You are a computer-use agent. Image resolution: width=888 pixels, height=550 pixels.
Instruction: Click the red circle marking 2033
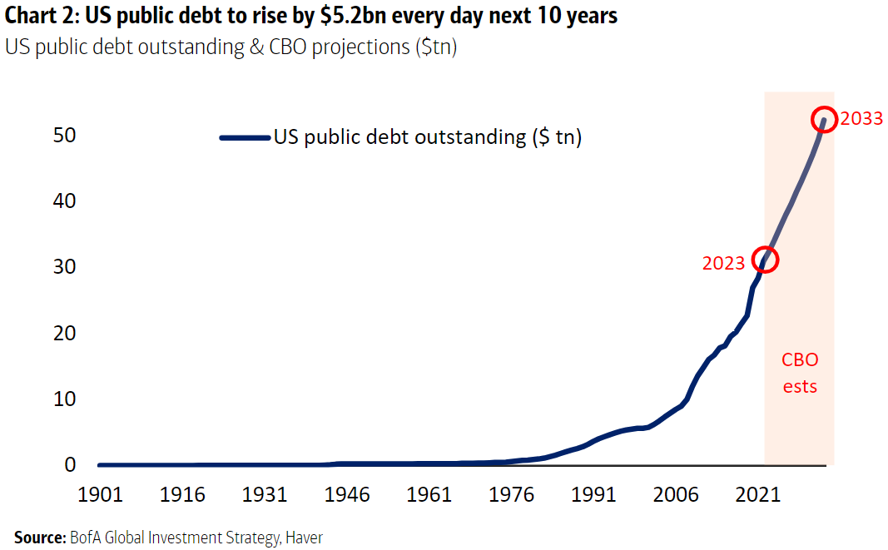pos(824,119)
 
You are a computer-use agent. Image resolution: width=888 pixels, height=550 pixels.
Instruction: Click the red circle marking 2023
pos(765,260)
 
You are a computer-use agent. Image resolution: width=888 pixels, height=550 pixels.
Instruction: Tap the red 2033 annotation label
pos(861,119)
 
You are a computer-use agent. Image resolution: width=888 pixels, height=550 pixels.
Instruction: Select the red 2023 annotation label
pos(723,264)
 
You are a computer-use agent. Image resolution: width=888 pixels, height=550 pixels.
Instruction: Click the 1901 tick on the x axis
pos(101,495)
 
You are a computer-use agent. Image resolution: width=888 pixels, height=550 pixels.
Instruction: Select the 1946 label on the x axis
pos(347,495)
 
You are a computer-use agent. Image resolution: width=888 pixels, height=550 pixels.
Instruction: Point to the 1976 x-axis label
pos(512,495)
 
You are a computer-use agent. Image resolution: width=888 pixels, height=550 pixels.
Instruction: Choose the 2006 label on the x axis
pos(676,495)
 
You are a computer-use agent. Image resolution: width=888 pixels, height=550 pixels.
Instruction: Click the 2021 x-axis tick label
pos(758,495)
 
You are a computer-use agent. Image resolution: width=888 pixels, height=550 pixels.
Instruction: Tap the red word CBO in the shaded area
pos(799,360)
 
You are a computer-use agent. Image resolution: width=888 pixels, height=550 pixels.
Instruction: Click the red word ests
pos(799,386)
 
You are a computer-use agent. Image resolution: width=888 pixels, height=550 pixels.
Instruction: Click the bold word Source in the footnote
pos(38,538)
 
